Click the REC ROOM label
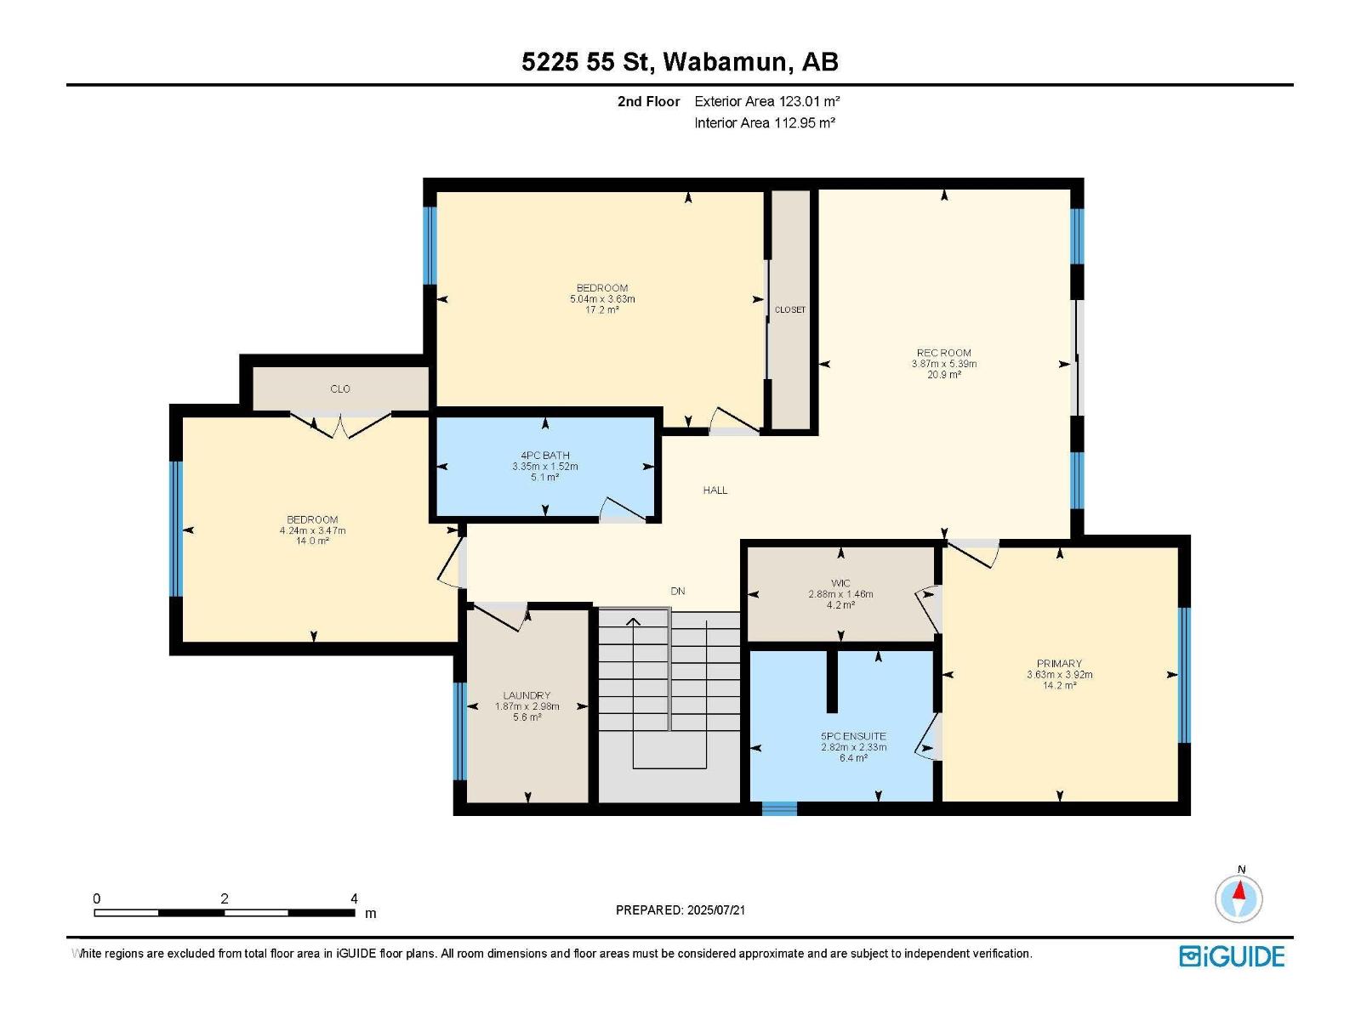click(x=943, y=353)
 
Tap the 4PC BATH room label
click(x=545, y=456)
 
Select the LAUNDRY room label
click(x=527, y=695)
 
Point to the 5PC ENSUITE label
click(x=853, y=736)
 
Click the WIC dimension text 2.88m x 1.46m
click(x=840, y=594)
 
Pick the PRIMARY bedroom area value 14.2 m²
click(x=1059, y=685)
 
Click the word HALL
click(x=715, y=490)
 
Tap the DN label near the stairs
click(x=678, y=591)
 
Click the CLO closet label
click(x=340, y=388)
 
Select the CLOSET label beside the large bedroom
click(x=790, y=309)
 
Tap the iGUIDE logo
click(x=1232, y=956)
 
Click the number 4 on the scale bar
click(x=354, y=898)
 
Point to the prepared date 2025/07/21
click(x=715, y=909)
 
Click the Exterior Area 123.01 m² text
click(x=767, y=101)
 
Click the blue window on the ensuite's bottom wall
click(x=779, y=808)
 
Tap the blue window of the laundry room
click(x=460, y=731)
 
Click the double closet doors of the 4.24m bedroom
click(x=340, y=423)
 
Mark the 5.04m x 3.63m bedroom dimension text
click(x=602, y=299)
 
